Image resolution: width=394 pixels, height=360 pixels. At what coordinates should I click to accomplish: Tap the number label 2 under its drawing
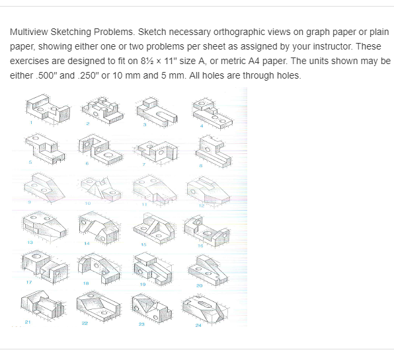(x=87, y=124)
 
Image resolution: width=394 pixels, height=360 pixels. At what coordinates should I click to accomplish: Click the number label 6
(x=87, y=164)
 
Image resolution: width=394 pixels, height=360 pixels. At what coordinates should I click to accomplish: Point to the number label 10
(x=87, y=204)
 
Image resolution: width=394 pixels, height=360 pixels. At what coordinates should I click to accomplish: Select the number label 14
(x=87, y=244)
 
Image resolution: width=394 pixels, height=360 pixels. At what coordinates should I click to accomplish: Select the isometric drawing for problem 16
(x=210, y=229)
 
